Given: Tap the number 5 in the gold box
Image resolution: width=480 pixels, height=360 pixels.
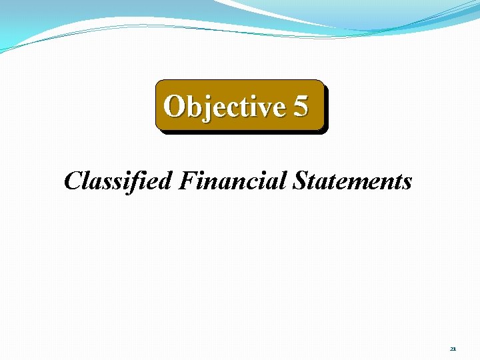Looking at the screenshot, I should (300, 106).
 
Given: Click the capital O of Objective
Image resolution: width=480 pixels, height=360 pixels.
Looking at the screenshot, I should (175, 106).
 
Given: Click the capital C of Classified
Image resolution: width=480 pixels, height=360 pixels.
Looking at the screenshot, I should (73, 181).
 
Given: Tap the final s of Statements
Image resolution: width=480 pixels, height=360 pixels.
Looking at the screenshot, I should (406, 182).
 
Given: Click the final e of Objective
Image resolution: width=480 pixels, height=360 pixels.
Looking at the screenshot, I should (277, 107).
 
